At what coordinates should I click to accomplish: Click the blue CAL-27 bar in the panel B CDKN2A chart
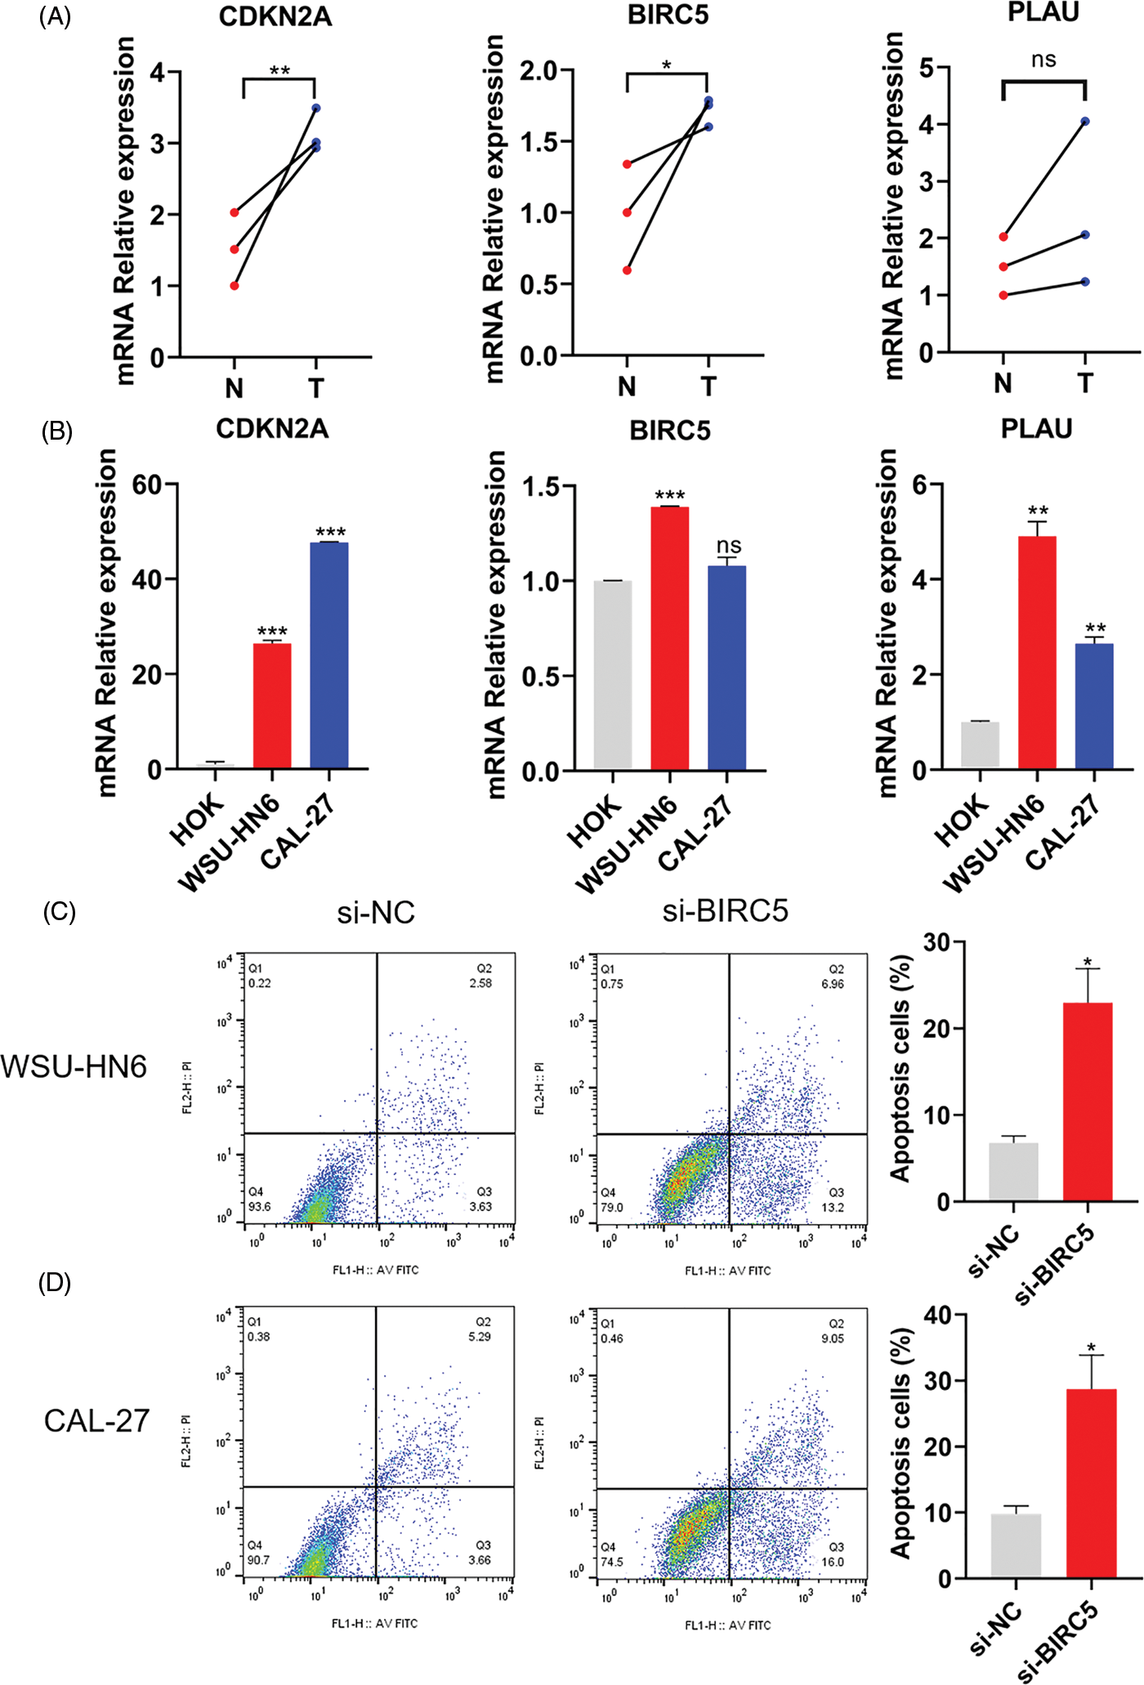(329, 655)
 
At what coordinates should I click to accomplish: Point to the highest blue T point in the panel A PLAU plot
(1085, 122)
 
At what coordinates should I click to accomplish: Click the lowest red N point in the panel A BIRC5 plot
(627, 270)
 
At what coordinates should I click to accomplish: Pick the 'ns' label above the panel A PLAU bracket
(1043, 60)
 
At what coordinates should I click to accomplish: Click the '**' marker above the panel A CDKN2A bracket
(279, 70)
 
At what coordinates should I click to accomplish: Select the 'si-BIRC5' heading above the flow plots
(725, 910)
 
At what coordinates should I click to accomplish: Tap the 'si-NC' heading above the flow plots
(376, 912)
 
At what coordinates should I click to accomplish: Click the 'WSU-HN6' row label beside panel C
(74, 1066)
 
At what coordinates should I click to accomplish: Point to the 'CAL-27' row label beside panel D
(96, 1421)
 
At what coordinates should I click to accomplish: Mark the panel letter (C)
(59, 912)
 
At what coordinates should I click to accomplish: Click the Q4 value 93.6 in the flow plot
(260, 1206)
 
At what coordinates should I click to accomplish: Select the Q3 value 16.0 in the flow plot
(833, 1561)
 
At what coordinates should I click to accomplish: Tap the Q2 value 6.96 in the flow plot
(833, 984)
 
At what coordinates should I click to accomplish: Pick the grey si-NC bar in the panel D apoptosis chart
(1016, 1544)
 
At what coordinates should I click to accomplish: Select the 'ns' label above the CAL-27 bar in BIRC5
(728, 545)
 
